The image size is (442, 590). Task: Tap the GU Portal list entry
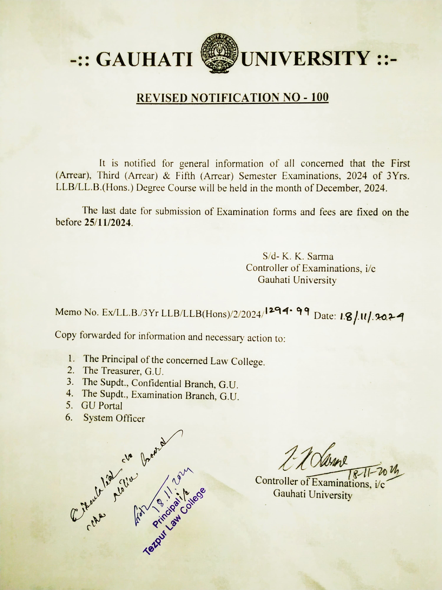point(102,406)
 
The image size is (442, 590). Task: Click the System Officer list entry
point(114,418)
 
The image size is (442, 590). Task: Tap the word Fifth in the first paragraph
point(185,176)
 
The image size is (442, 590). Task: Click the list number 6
point(69,417)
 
